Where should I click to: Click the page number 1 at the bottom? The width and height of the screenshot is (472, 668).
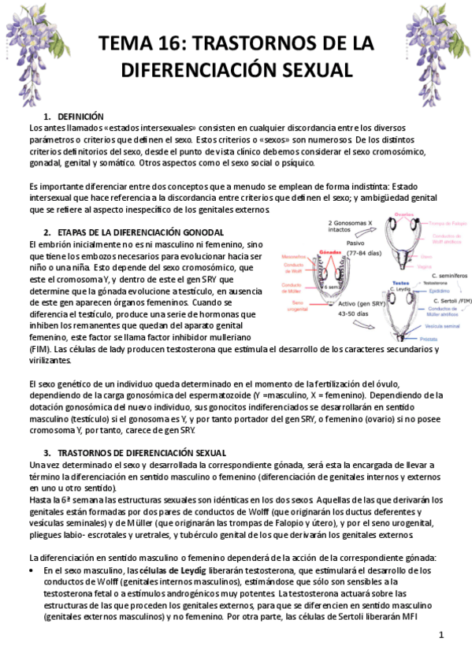442,634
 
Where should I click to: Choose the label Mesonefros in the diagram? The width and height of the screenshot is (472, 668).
295,256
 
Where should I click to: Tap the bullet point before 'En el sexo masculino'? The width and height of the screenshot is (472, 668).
32,570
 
